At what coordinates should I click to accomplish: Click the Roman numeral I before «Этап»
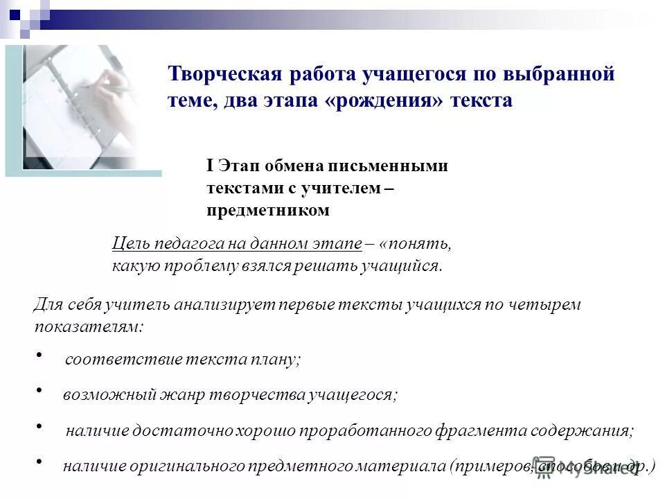(209, 166)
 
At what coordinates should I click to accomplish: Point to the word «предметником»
(267, 210)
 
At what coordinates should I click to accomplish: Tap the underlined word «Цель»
(130, 244)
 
